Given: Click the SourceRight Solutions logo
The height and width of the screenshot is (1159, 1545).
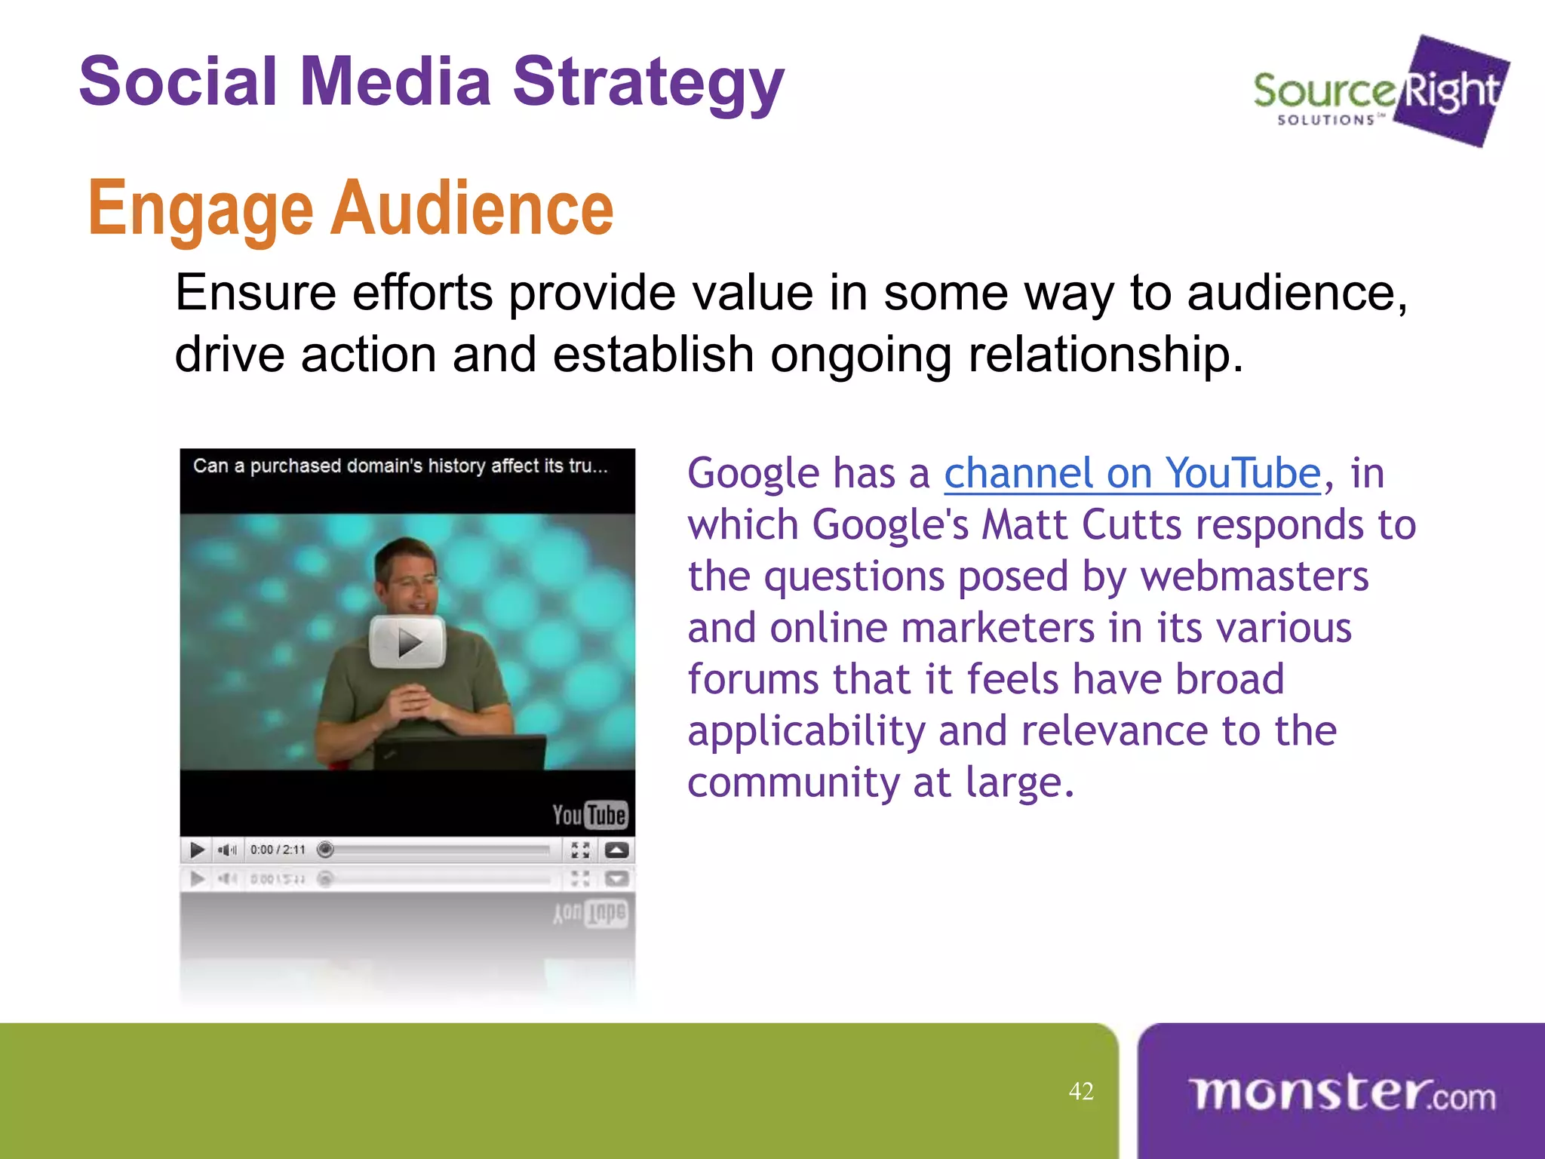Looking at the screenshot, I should point(1381,92).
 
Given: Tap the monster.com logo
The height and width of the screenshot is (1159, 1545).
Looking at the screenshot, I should point(1341,1093).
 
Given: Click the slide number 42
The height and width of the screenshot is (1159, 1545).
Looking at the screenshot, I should point(1081,1091).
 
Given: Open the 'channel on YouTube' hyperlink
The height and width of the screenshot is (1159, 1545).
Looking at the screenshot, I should point(1132,474).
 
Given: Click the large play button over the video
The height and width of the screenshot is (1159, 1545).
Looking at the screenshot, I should point(407,642).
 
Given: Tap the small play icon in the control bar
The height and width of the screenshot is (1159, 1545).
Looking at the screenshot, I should point(198,850).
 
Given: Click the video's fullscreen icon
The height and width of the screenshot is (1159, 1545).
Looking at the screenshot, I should point(580,850).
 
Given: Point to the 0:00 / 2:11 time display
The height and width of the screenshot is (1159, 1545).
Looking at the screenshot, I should point(278,850).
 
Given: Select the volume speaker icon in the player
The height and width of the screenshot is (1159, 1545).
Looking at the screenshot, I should point(226,850).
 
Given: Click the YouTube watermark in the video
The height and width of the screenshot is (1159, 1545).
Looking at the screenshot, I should point(589,815).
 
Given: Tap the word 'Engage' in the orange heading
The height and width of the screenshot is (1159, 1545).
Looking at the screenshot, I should point(200,210).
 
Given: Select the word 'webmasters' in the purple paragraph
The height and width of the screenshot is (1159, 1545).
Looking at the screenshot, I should point(1254,576).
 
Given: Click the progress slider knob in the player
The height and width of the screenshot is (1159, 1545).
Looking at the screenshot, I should point(325,850).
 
